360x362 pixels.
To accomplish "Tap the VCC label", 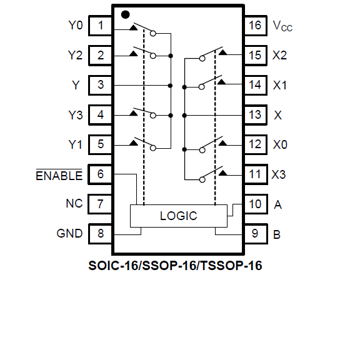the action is (282, 26).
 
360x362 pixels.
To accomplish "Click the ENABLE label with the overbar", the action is (59, 175).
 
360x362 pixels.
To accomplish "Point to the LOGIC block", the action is (179, 216).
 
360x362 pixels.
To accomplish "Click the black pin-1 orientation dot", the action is (125, 14).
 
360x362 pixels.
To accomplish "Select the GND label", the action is (69, 233).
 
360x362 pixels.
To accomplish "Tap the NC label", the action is (74, 203).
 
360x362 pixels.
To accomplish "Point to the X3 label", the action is (279, 174).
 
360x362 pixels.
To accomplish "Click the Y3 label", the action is (76, 115).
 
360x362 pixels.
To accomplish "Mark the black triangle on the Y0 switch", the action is (133, 28).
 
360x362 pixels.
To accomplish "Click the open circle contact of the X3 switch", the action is (202, 179).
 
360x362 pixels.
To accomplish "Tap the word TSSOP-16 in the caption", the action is (231, 266).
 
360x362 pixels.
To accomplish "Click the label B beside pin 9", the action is (277, 234).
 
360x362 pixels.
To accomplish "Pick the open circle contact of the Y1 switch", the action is (153, 148).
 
